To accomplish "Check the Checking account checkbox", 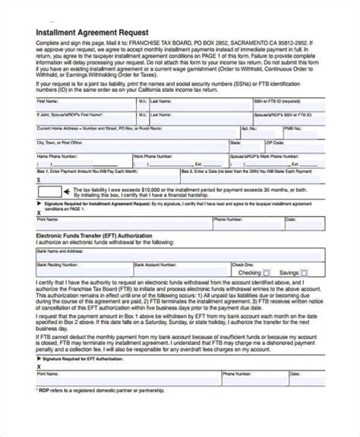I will (x=266, y=272).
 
